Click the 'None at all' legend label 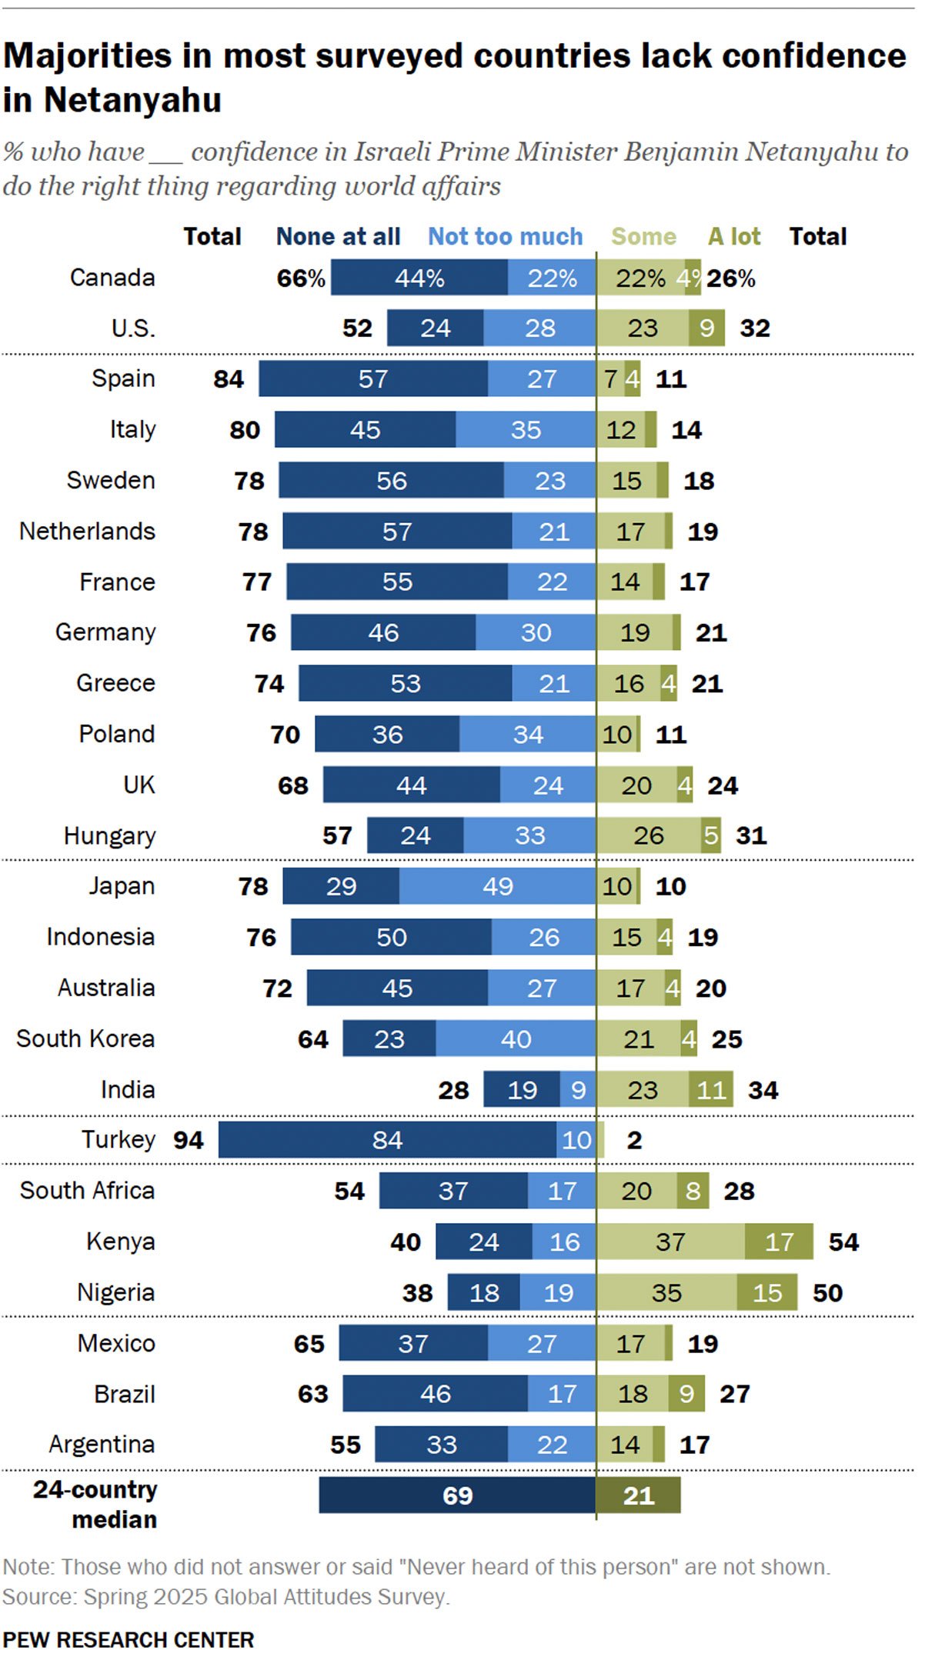[338, 237]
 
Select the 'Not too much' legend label [505, 237]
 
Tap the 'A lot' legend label [733, 237]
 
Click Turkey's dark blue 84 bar [387, 1139]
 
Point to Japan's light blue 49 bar [497, 886]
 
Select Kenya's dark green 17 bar [778, 1242]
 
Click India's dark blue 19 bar [522, 1089]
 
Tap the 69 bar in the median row [457, 1495]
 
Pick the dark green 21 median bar [638, 1495]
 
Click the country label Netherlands [87, 531]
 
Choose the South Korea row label [85, 1038]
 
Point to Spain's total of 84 [229, 378]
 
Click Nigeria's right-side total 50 [827, 1292]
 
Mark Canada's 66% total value [301, 278]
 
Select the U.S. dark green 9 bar [706, 328]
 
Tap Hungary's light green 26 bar [648, 835]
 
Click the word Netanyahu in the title [132, 100]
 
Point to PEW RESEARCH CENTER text [128, 1639]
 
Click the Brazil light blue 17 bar [561, 1393]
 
